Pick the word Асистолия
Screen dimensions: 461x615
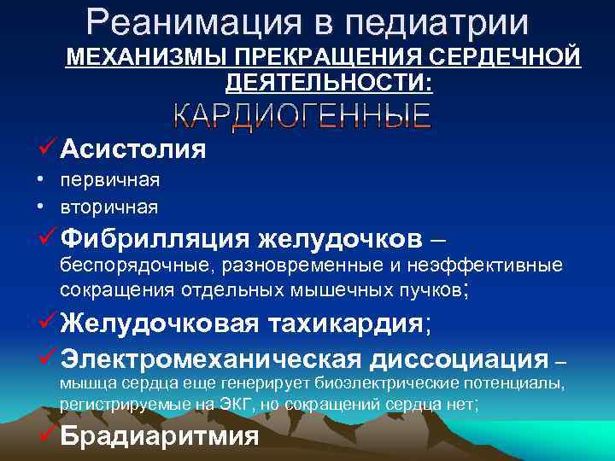pos(132,149)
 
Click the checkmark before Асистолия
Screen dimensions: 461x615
pos(48,149)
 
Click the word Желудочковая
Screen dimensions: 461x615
pos(155,324)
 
